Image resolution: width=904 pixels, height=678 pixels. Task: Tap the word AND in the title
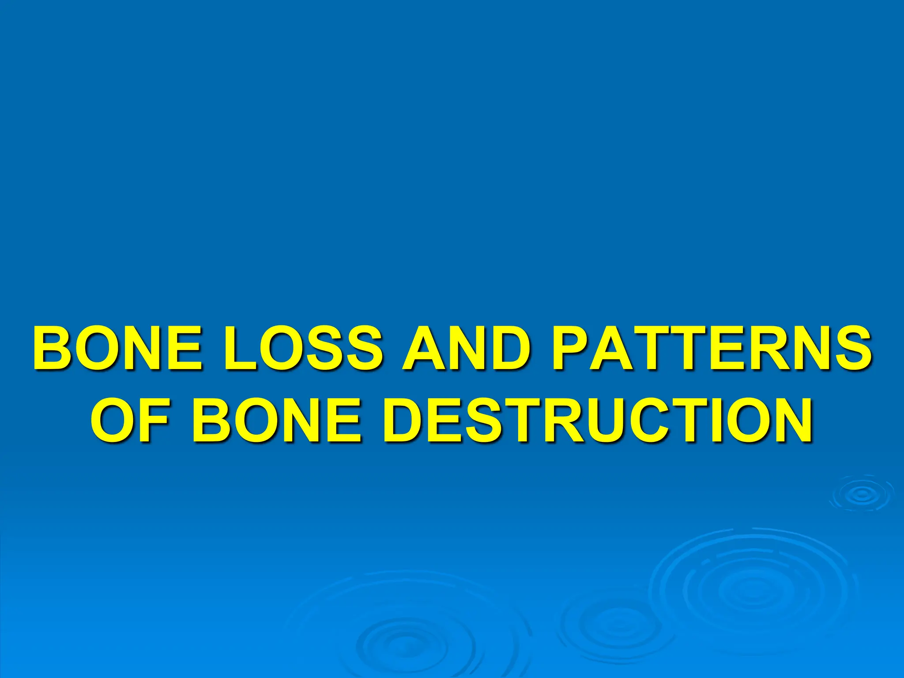point(465,348)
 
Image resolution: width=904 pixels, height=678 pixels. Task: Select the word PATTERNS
point(711,348)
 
